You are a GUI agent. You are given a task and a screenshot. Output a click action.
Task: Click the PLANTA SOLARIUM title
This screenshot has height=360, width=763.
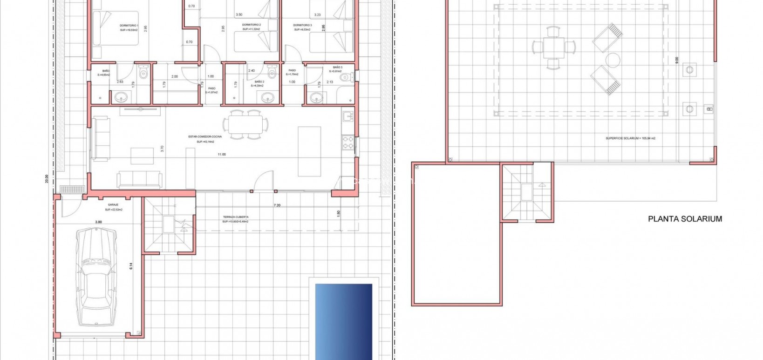coord(685,219)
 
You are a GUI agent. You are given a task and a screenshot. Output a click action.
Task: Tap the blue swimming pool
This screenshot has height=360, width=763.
coord(344,321)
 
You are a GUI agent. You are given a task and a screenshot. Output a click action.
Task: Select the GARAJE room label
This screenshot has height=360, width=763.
coord(113,205)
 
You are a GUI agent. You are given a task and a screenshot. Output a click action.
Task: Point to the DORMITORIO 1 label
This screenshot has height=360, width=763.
coord(129,25)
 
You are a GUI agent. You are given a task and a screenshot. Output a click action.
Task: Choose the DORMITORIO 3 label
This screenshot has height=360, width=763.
coord(302,25)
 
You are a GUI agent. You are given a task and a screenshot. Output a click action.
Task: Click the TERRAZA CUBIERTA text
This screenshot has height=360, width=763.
coord(235,217)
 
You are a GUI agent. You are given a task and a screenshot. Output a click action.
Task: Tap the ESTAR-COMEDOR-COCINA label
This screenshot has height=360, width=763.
coord(205,137)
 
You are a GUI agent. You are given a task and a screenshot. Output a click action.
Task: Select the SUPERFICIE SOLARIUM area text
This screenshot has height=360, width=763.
coord(630,138)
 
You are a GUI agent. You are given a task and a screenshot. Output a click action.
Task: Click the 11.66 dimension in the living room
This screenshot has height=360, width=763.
coord(221,154)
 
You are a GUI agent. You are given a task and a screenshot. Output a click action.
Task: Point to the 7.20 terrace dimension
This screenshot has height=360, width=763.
coord(277,205)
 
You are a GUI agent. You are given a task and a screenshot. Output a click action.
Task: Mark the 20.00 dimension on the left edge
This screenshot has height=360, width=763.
coord(47,179)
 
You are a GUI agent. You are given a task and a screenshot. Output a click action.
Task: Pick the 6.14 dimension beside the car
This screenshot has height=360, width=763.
coord(131,266)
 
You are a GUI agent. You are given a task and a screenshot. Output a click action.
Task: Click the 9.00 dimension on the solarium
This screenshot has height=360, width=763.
coord(677,61)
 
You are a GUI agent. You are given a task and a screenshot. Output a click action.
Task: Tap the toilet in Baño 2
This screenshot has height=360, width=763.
coord(273,73)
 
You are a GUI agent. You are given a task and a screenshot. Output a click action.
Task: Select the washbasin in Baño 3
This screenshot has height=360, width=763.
coord(317,97)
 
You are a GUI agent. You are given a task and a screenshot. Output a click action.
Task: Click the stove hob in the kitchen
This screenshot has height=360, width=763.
coord(348,143)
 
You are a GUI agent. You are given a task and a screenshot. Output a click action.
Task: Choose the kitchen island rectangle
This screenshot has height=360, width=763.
coord(309,151)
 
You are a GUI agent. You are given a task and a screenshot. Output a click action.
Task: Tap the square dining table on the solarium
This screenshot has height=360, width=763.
coord(554,48)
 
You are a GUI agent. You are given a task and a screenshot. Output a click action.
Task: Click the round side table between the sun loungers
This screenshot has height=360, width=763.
coord(613,60)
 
